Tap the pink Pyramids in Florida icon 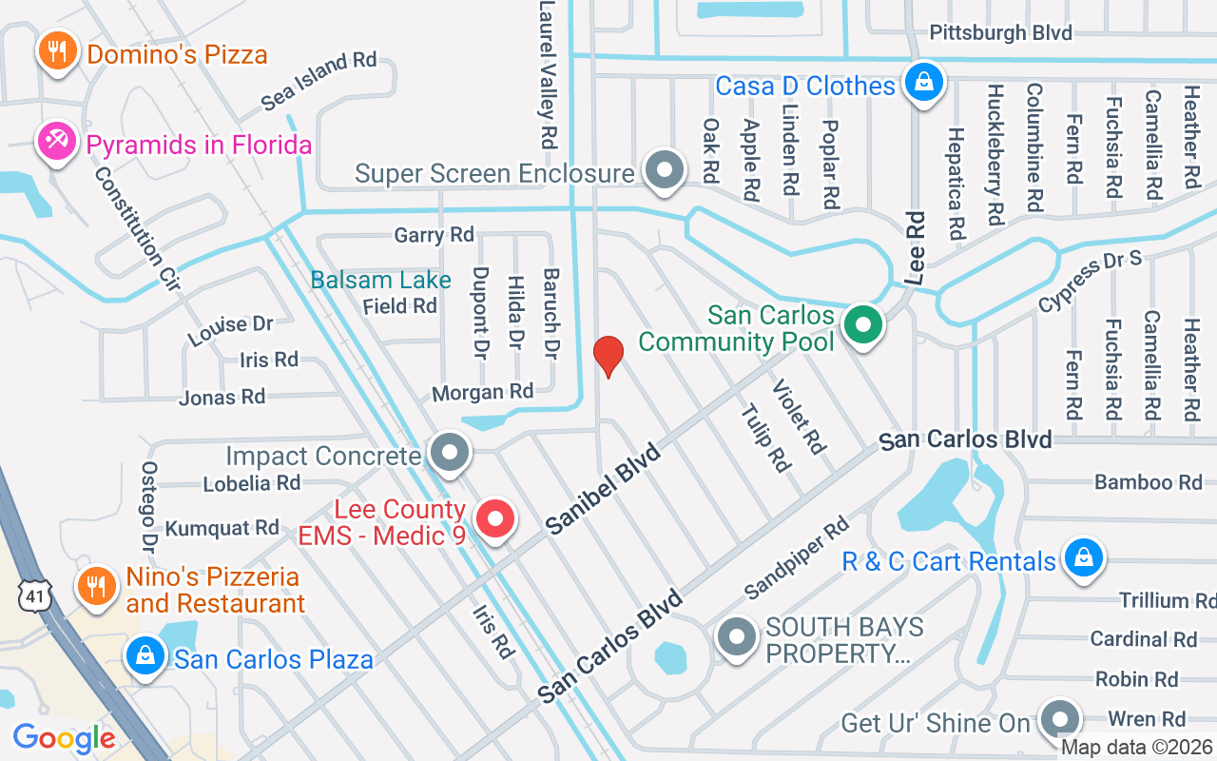(x=56, y=143)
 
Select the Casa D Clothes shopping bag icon (x=922, y=83)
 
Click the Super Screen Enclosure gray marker (x=665, y=171)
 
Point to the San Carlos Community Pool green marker (x=862, y=325)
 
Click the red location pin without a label (x=608, y=357)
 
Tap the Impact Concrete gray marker (x=450, y=453)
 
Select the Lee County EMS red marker (x=494, y=520)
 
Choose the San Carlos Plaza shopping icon (x=145, y=657)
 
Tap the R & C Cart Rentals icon (x=1083, y=558)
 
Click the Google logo (x=64, y=738)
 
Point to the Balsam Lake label (x=381, y=280)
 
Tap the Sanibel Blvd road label (x=604, y=488)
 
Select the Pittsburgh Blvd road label (x=1000, y=33)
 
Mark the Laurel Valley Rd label (x=547, y=72)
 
